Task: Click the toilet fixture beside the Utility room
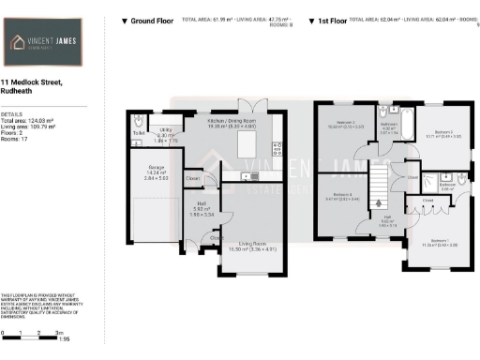coord(138,122)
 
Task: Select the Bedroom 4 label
coord(341,196)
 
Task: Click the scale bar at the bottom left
coord(32,334)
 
